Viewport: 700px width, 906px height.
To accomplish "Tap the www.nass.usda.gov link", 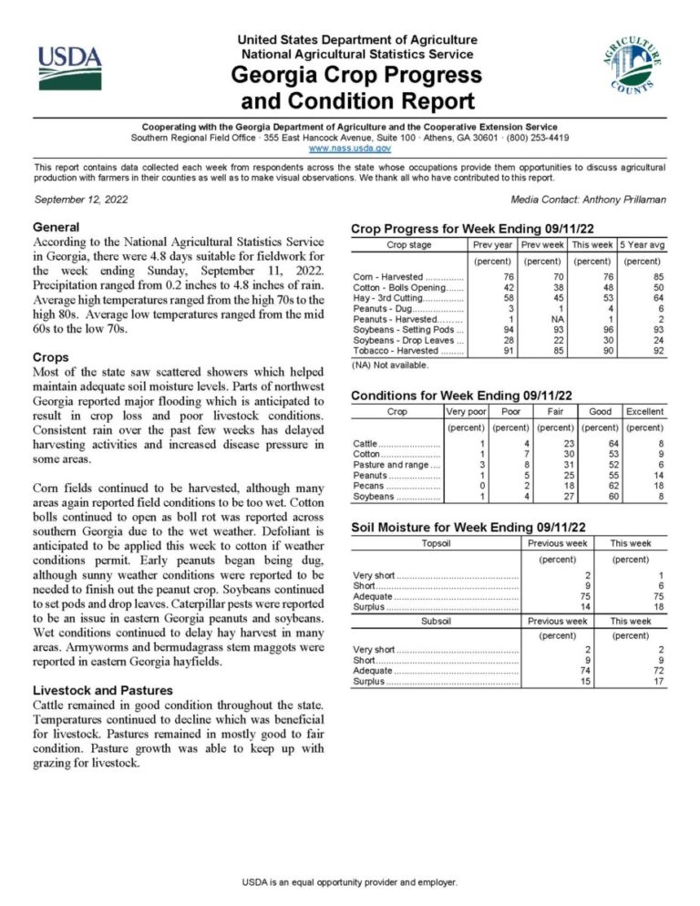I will [350, 148].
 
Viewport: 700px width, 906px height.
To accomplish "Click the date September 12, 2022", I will [80, 199].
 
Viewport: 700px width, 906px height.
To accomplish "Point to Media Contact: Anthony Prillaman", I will [589, 199].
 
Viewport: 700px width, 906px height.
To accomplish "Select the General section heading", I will [56, 227].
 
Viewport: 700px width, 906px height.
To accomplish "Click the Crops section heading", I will [50, 357].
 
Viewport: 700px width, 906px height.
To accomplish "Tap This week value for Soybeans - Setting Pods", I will [592, 329].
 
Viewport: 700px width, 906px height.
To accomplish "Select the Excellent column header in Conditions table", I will [644, 412].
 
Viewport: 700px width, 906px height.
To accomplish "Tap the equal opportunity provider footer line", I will [349, 882].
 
